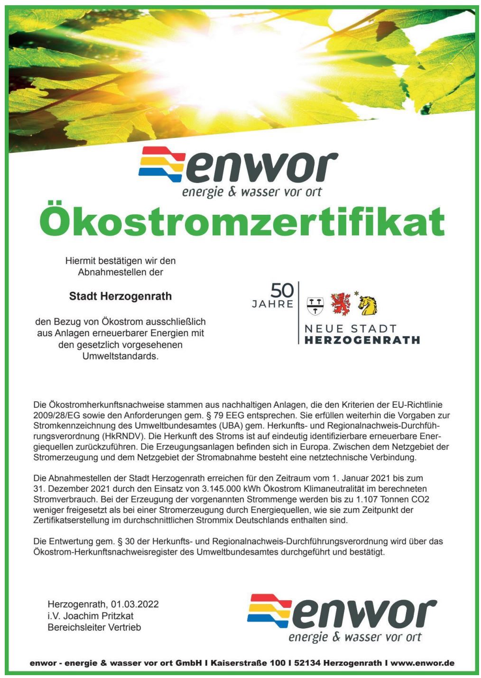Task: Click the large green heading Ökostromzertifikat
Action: coord(242,222)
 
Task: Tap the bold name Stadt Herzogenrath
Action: coord(120,296)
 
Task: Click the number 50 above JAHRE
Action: coord(282,290)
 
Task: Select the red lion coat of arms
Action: coord(341,304)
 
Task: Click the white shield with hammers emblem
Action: coord(315,306)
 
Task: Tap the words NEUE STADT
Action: coord(350,329)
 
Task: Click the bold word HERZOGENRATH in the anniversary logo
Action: coord(362,340)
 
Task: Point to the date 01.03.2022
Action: coord(135,605)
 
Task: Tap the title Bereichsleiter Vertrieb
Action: coord(94,627)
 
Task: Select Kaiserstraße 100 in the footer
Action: coord(248,663)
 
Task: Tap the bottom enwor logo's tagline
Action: coord(355,637)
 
